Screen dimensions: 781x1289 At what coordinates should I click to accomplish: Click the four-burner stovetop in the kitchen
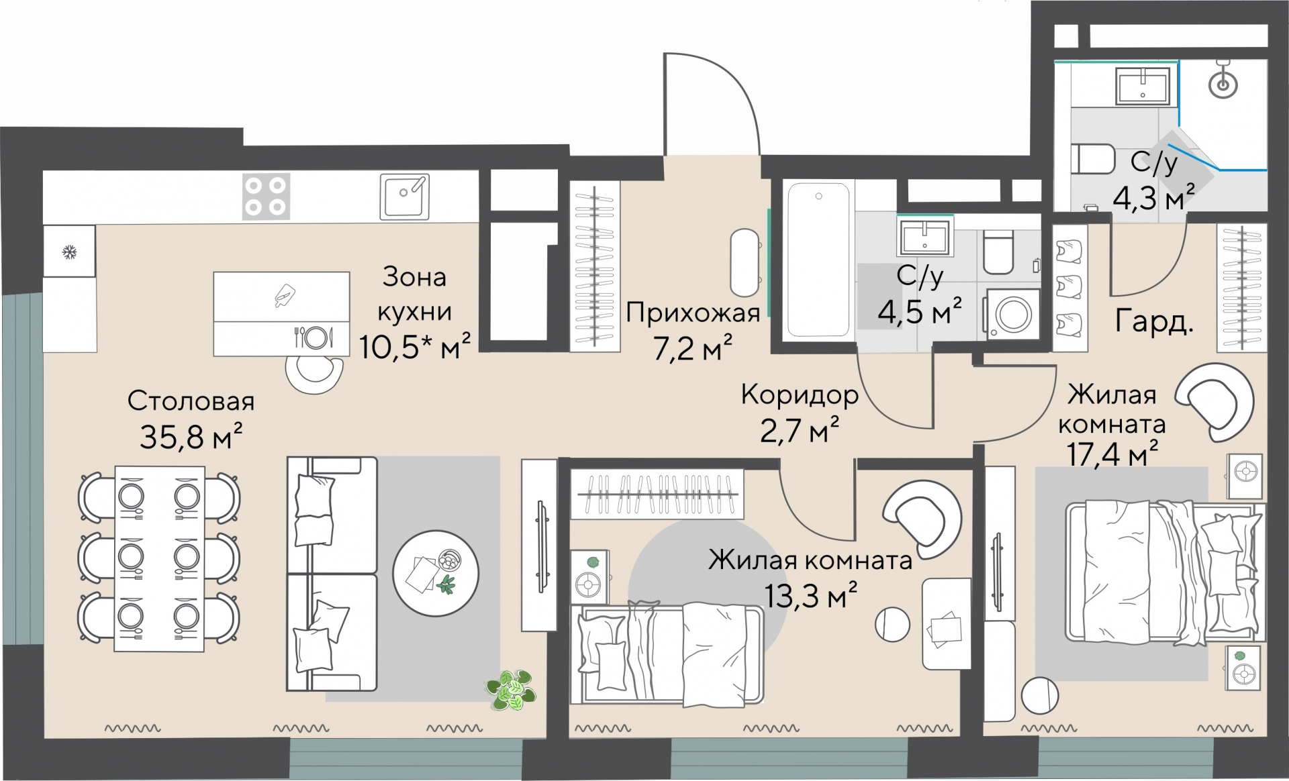point(266,196)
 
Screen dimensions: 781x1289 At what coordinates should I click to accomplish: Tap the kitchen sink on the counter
point(404,196)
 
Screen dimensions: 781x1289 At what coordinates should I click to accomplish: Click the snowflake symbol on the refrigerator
point(68,252)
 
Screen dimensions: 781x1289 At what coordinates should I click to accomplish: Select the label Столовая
point(191,401)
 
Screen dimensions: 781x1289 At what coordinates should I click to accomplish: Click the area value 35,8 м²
point(191,437)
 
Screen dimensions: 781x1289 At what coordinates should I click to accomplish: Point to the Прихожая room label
point(693,313)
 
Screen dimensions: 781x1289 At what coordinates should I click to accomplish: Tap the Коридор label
point(800,395)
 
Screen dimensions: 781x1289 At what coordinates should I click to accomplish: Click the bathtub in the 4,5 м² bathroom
point(818,259)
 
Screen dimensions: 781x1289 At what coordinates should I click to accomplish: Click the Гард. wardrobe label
point(1154,322)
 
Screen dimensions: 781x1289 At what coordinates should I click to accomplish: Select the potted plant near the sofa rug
point(512,689)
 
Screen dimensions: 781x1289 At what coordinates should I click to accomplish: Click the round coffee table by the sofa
point(436,573)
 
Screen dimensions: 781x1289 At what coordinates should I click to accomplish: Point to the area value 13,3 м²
point(810,594)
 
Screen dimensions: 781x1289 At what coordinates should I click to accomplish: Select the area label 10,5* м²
point(414,347)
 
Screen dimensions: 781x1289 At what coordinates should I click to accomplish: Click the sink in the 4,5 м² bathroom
point(925,237)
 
